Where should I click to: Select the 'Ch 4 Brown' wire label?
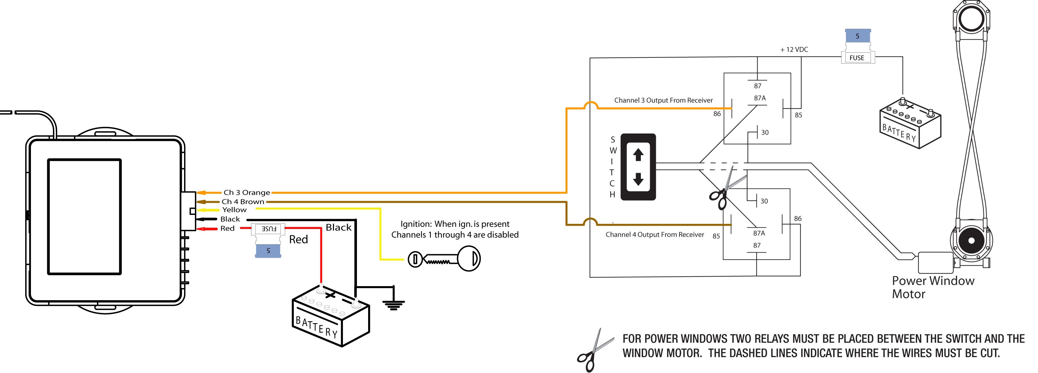coord(243,202)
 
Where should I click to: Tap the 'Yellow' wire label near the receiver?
coord(234,210)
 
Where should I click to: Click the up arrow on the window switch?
coord(638,155)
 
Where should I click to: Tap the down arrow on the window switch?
coord(638,179)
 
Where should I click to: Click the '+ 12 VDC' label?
coord(794,49)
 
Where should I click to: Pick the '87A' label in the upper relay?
coord(760,98)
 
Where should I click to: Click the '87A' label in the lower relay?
coord(759,233)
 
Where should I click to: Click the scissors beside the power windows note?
coord(595,350)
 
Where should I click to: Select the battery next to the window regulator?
coord(910,123)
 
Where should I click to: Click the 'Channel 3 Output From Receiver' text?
coord(663,100)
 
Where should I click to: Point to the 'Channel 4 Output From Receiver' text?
coord(655,235)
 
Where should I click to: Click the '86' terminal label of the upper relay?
coord(717,114)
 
